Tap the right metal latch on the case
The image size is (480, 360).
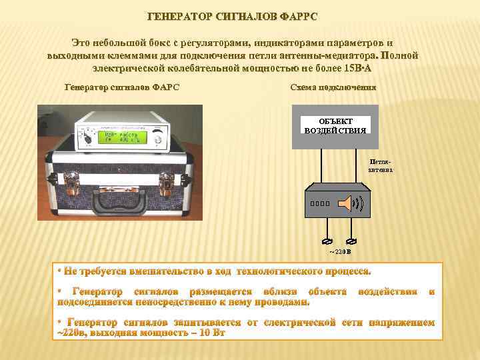coord(167,179)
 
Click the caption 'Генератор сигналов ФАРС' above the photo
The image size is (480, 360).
coord(121,87)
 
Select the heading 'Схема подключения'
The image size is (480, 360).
coord(333,87)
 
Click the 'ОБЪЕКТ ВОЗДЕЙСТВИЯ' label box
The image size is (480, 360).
coord(335,125)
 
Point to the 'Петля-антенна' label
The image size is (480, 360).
coord(381,165)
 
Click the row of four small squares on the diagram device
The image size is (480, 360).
coord(320,203)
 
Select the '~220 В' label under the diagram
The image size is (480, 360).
coord(339,252)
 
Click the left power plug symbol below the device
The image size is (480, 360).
coord(327,241)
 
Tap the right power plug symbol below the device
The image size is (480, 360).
coord(352,241)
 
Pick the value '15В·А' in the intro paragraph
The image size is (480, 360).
coord(359,69)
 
